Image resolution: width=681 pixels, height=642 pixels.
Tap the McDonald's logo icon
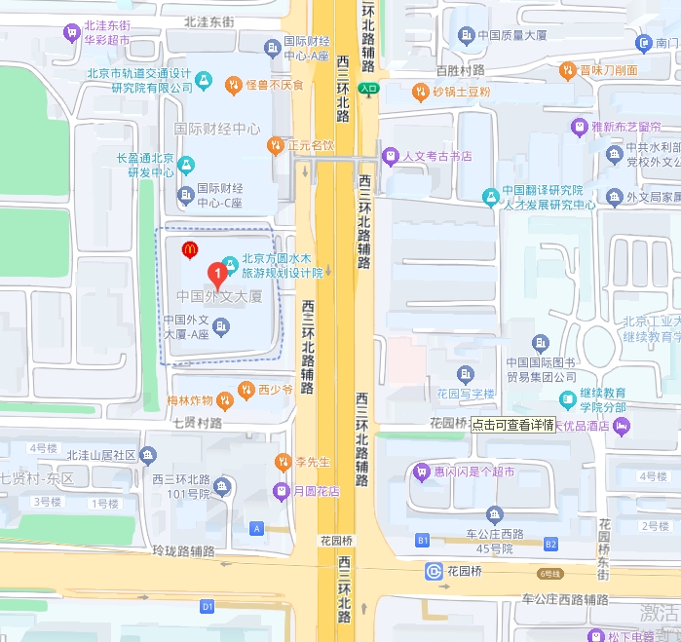[190, 250]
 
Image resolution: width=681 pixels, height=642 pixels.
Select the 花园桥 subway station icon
[434, 571]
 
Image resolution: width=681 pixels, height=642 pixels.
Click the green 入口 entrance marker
[367, 89]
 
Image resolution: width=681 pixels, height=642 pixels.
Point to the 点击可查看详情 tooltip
[512, 425]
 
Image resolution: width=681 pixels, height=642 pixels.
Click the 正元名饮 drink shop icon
[276, 145]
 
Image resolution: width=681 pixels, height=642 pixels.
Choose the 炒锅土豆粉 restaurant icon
[420, 92]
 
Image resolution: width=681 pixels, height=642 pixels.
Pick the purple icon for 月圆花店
[281, 491]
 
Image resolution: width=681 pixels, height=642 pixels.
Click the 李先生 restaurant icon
[283, 461]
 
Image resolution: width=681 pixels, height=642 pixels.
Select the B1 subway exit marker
[423, 540]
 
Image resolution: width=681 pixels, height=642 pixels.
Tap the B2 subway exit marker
[551, 544]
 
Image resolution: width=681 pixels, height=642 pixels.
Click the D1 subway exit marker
[207, 606]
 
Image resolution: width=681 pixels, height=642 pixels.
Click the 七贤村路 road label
[197, 423]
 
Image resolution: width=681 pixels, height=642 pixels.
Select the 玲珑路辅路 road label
[183, 551]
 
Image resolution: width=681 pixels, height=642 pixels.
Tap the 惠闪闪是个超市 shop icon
[422, 472]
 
